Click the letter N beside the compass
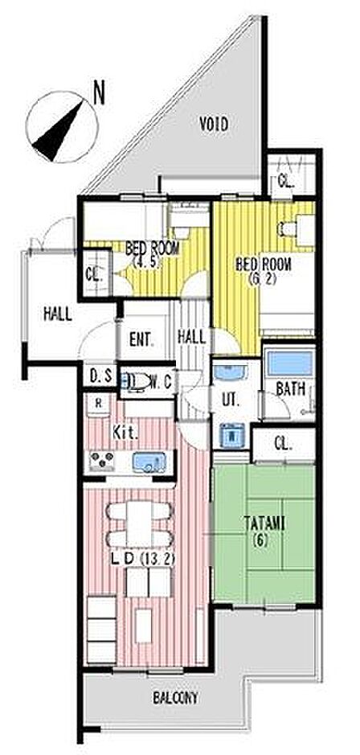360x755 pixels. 99,93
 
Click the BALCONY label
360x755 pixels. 176,697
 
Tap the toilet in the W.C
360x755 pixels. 136,382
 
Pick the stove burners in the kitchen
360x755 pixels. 102,461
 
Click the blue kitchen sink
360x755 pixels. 149,462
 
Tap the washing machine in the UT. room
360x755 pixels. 233,436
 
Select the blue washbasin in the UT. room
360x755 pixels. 230,373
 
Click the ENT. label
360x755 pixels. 141,340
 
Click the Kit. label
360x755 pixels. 125,433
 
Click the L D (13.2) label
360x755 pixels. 143,559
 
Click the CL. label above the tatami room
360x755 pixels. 284,445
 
